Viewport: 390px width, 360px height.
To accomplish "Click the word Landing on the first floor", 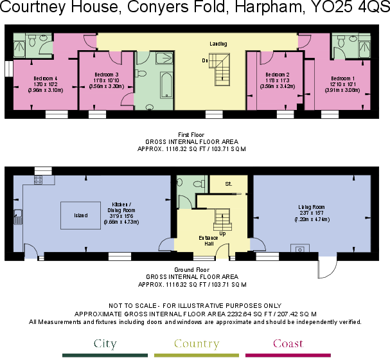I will (x=218, y=43).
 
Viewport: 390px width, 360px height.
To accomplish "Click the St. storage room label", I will (x=227, y=184).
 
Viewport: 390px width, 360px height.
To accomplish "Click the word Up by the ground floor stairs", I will (x=222, y=233).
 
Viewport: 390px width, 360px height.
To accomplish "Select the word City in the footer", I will (x=105, y=344).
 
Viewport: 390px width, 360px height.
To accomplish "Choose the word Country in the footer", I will (x=196, y=344).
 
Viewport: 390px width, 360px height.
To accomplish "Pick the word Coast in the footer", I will (x=288, y=344).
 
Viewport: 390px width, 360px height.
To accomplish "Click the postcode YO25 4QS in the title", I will (x=350, y=11).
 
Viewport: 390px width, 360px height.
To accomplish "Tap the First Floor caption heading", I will (x=195, y=134).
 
